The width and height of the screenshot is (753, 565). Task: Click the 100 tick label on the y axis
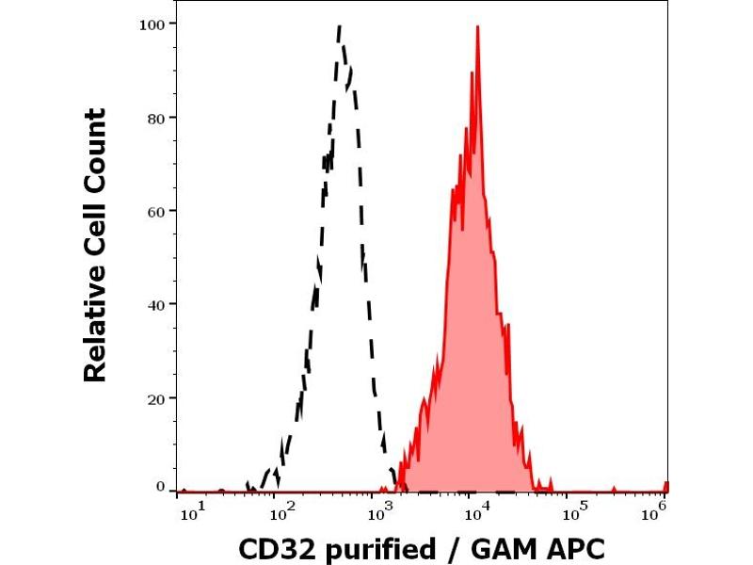coord(153,24)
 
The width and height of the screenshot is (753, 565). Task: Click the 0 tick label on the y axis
coord(161,486)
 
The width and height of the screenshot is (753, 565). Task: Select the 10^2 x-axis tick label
coord(280,510)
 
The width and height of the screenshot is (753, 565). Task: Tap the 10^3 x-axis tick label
coord(379,510)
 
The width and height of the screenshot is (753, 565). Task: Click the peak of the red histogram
coord(478,27)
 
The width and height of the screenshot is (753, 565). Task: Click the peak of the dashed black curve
coord(339,27)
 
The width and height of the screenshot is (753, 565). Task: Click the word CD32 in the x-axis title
coord(271,547)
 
